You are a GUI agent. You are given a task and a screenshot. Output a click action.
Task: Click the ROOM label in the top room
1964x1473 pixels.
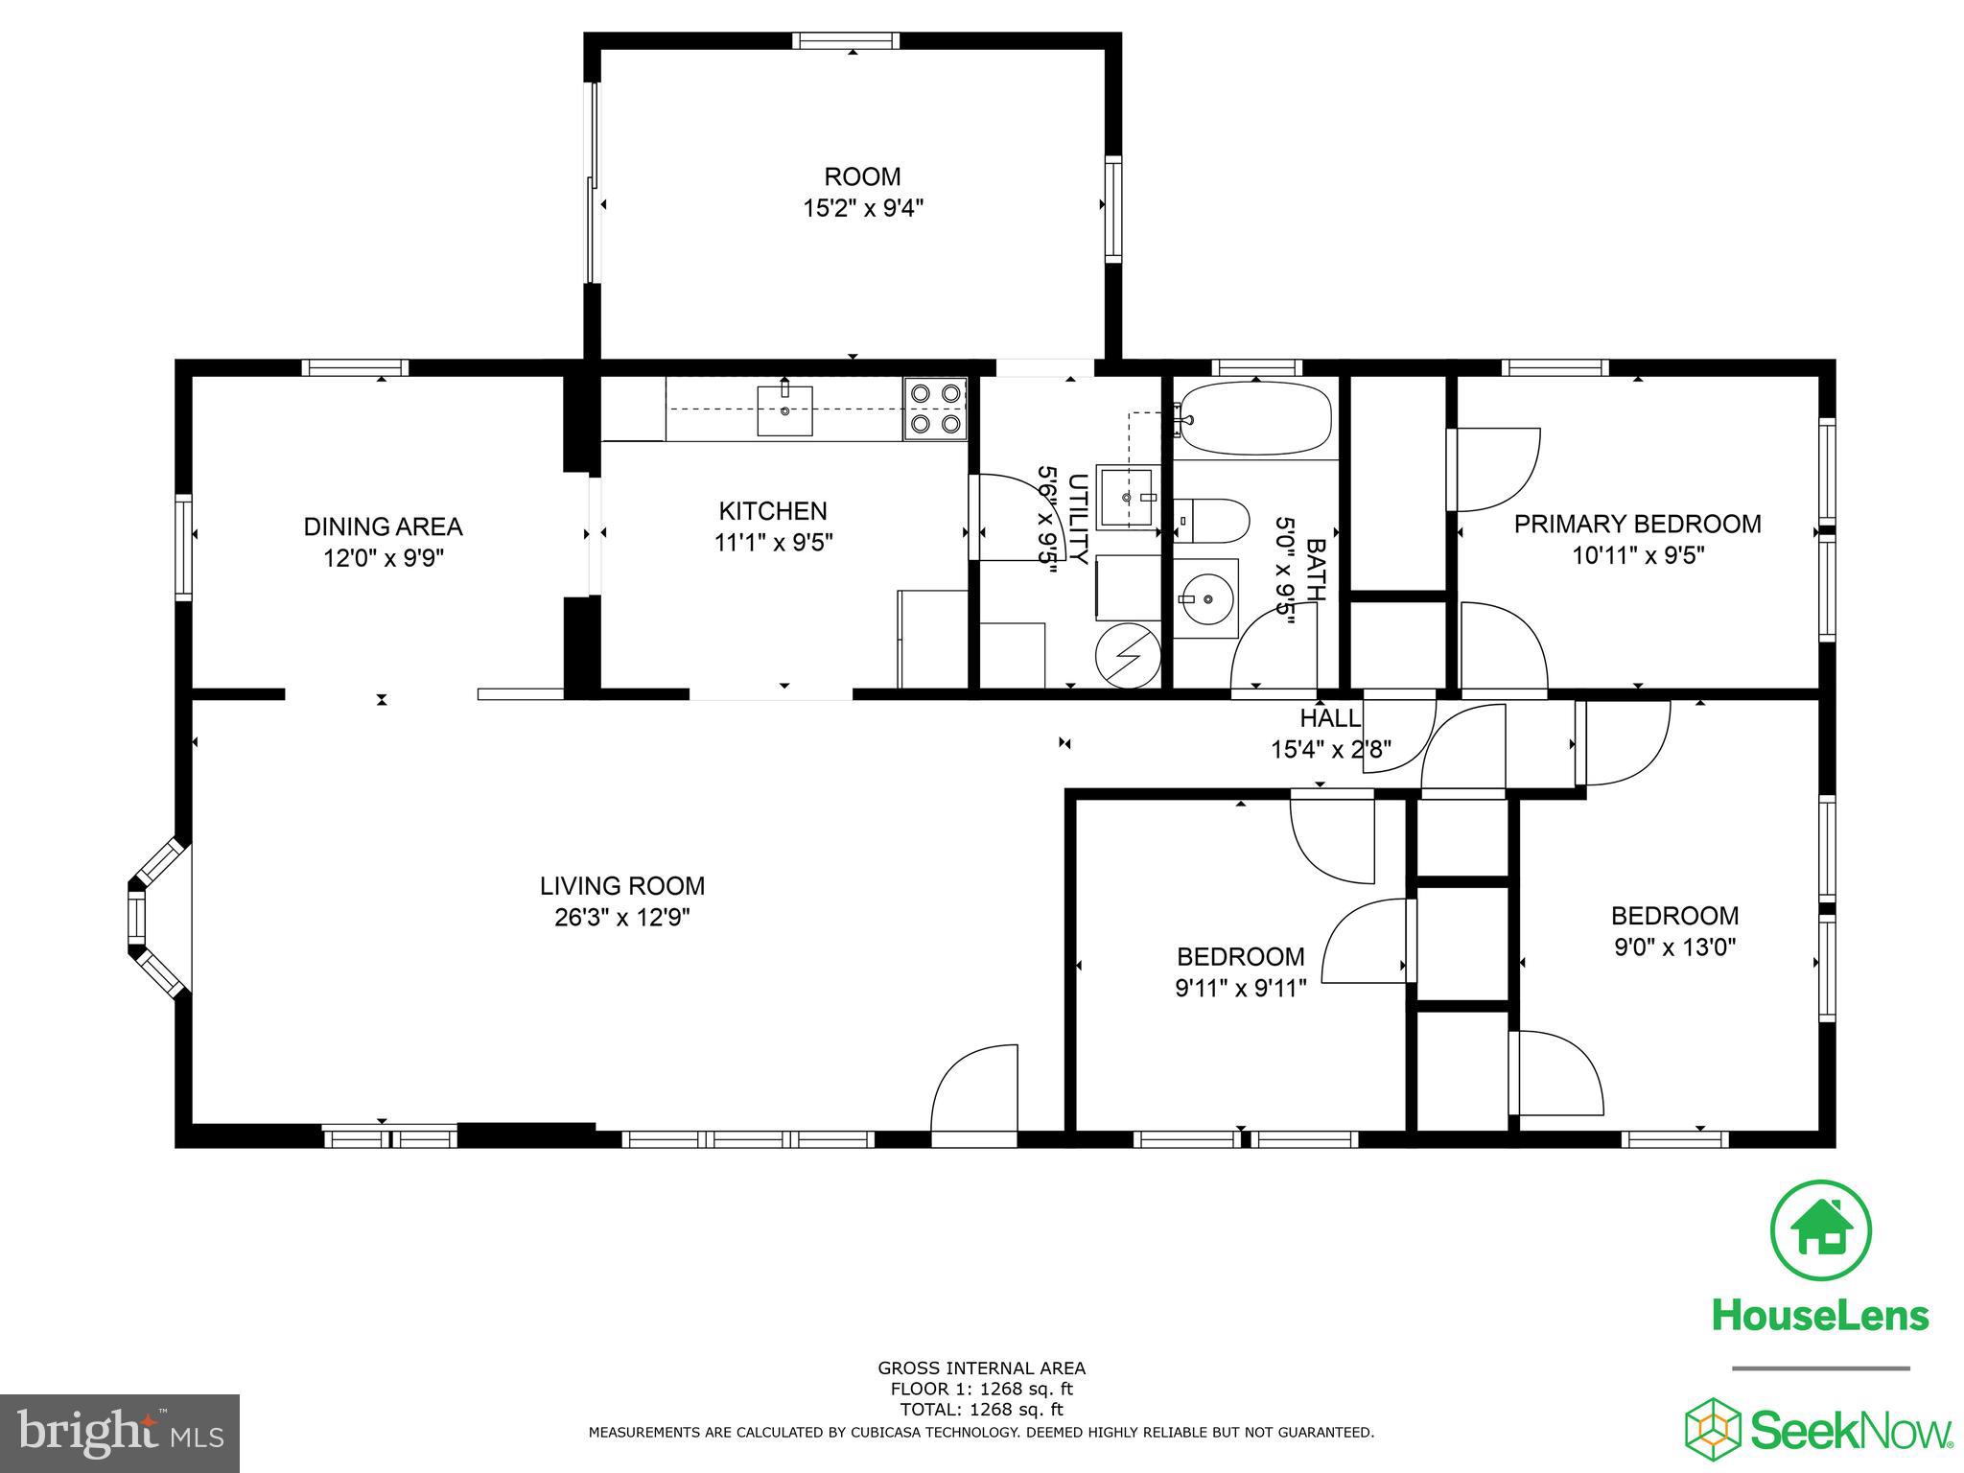click(x=862, y=177)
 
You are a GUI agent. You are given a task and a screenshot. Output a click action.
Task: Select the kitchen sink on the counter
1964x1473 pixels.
click(x=784, y=410)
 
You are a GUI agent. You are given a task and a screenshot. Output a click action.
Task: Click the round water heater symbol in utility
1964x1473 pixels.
click(x=1129, y=655)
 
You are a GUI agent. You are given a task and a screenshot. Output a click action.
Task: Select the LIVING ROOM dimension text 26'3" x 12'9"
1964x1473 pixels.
click(x=621, y=918)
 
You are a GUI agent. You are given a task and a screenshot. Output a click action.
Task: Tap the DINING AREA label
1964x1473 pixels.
click(x=383, y=526)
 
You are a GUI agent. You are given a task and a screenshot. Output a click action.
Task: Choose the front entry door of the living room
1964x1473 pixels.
click(x=974, y=1093)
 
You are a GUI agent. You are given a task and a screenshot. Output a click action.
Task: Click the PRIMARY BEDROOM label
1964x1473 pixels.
click(x=1637, y=525)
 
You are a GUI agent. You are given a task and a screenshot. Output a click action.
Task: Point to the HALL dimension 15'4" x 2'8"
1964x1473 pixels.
click(x=1330, y=749)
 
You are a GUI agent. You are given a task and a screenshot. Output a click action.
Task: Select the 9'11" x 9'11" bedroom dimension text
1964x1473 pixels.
click(x=1240, y=988)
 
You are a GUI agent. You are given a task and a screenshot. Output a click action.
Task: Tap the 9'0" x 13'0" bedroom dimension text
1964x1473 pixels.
click(x=1674, y=947)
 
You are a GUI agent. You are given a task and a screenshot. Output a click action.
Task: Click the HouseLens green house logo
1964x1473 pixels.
click(x=1819, y=1231)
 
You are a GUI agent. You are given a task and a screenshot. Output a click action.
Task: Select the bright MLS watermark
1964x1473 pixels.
click(x=120, y=1434)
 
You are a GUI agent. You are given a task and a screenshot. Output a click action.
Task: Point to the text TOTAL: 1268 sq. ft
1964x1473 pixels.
click(x=981, y=1410)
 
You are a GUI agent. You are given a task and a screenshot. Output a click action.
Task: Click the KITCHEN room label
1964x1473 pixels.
click(x=773, y=511)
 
